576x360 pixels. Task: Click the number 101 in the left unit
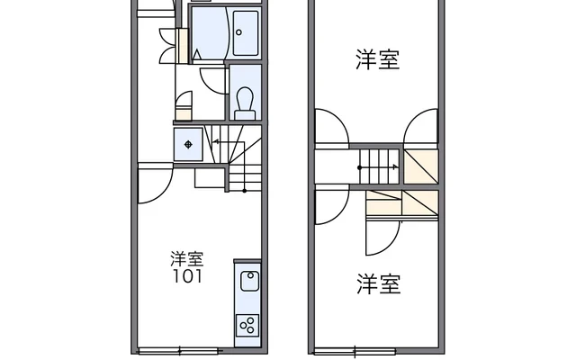tap(187, 276)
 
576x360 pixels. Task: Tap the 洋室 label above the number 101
tap(187, 258)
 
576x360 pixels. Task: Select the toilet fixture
tap(245, 103)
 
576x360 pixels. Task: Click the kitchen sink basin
tap(250, 281)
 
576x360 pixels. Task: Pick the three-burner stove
tap(247, 326)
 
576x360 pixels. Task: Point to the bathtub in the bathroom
tap(246, 33)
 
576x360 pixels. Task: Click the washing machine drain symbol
tap(188, 144)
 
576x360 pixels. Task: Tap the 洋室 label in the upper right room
tap(378, 59)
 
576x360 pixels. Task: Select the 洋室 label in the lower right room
tap(378, 284)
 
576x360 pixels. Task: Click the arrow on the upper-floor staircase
tap(379, 167)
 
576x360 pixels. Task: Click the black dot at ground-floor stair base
tap(245, 191)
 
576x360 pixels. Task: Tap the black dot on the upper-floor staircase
tap(360, 168)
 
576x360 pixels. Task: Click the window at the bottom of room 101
tap(178, 350)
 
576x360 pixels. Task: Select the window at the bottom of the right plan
tap(355, 350)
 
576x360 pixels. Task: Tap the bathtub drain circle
tap(238, 32)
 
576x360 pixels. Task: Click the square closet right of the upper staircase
tap(421, 166)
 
